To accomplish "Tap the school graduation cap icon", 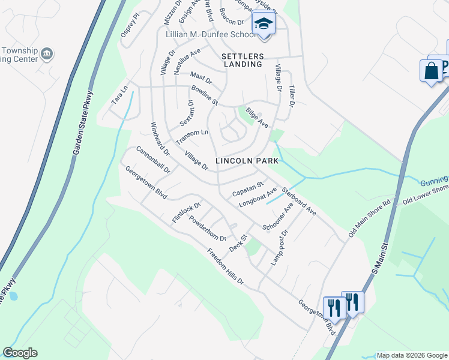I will click(263, 25).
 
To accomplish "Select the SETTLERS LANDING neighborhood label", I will click(242, 59).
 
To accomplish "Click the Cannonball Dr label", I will click(153, 160).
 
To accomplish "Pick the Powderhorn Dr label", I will click(207, 228).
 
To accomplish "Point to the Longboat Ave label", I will click(258, 197).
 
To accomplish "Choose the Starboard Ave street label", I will click(298, 202).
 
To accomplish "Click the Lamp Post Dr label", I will click(280, 247).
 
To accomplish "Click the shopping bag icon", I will click(431, 71).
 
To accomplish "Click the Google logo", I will click(20, 353).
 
